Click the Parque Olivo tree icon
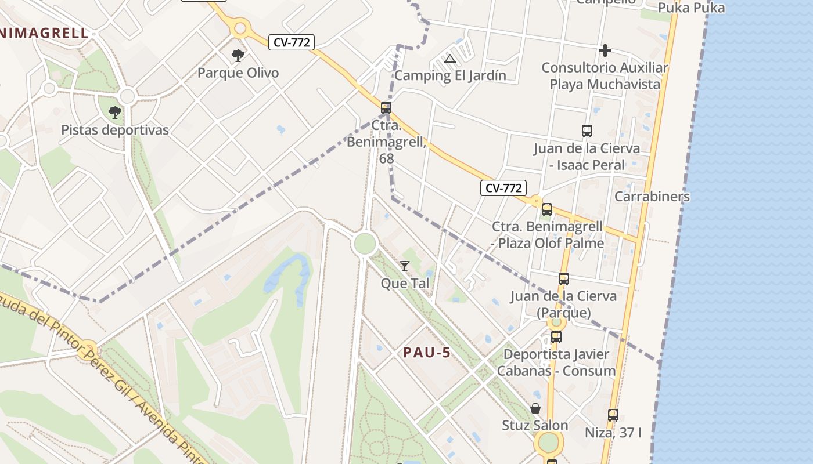238,56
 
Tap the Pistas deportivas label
115,130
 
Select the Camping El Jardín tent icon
449,59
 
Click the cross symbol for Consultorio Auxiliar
605,50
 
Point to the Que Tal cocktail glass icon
405,266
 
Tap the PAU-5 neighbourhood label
427,352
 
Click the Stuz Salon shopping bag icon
535,408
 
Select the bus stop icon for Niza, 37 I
613,415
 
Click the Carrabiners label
652,196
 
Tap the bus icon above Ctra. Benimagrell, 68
386,107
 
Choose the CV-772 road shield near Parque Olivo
292,42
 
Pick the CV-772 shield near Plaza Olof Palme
503,188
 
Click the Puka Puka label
691,8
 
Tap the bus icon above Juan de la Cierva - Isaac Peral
587,131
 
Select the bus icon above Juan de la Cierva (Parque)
563,279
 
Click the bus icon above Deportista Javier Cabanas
556,336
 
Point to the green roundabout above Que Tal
364,244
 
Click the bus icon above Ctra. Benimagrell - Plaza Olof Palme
546,209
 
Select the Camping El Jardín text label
450,75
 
